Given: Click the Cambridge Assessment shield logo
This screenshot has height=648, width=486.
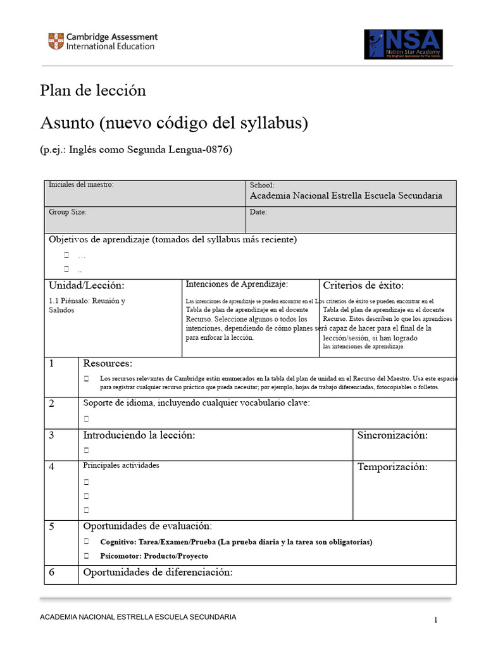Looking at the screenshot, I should [x=56, y=42].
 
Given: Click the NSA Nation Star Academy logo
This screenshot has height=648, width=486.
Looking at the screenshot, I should [x=403, y=44].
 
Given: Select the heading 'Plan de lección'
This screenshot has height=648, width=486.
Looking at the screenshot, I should [x=93, y=90].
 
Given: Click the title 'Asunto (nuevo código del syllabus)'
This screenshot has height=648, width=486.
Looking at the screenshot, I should [x=174, y=123].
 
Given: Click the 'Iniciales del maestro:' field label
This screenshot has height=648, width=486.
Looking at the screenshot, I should [x=81, y=185].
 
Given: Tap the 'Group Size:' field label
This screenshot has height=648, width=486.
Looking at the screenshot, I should [x=68, y=213].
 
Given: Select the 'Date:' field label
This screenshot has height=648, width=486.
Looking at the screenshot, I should [x=258, y=213].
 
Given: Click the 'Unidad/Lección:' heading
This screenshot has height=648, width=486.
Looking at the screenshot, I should [x=87, y=286].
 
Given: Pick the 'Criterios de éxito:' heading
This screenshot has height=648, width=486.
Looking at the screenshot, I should [x=363, y=285].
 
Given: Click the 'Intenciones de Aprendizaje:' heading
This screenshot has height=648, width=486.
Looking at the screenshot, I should [x=237, y=285].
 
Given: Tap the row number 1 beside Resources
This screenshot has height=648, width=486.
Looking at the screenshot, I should [x=52, y=364].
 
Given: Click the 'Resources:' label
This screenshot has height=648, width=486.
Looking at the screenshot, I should [x=108, y=363].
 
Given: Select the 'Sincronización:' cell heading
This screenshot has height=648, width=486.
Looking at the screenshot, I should [x=392, y=435].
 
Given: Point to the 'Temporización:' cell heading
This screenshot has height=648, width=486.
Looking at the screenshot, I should [x=392, y=468].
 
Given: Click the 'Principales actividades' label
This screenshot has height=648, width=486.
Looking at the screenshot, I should [x=121, y=466].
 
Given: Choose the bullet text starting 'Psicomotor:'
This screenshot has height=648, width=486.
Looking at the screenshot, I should [x=154, y=556].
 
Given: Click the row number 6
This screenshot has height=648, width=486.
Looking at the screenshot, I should [x=52, y=573].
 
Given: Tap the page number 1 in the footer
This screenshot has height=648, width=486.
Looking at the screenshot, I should [x=436, y=620].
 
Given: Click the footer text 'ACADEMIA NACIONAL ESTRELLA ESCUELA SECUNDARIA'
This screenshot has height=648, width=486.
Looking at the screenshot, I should [x=138, y=617].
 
